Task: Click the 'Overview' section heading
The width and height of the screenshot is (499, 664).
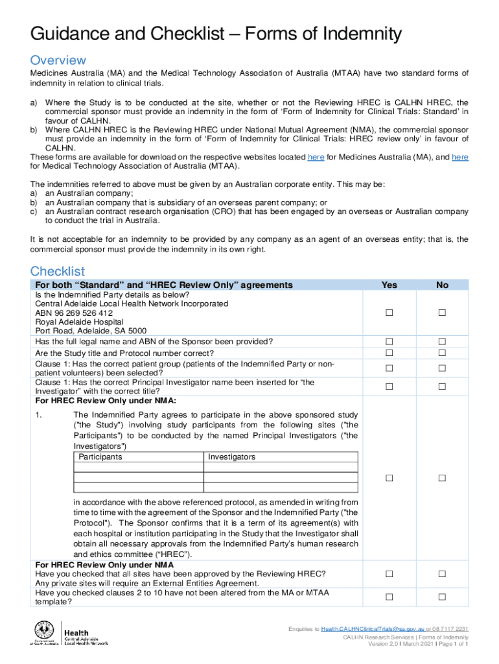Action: [58, 60]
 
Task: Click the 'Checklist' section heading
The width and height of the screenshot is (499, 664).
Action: [57, 271]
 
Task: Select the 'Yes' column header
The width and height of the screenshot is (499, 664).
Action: [389, 285]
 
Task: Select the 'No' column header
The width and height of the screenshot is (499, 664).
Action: [442, 285]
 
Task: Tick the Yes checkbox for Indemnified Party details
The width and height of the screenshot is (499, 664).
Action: [389, 313]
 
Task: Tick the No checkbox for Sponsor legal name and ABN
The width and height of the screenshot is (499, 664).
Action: [442, 341]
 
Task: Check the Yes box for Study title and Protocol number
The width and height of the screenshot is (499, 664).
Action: [389, 353]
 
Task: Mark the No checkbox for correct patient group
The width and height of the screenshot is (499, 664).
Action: [442, 368]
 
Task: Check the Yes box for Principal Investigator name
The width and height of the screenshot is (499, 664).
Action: [389, 386]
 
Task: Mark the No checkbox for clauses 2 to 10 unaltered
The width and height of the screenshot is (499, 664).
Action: [442, 597]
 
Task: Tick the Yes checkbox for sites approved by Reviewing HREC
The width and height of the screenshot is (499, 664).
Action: [389, 574]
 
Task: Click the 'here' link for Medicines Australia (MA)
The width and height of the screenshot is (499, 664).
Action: [316, 157]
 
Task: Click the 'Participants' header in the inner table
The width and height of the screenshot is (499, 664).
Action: [100, 457]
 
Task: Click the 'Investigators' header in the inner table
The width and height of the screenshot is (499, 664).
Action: [231, 457]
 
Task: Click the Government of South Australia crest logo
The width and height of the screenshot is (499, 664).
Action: [44, 633]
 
